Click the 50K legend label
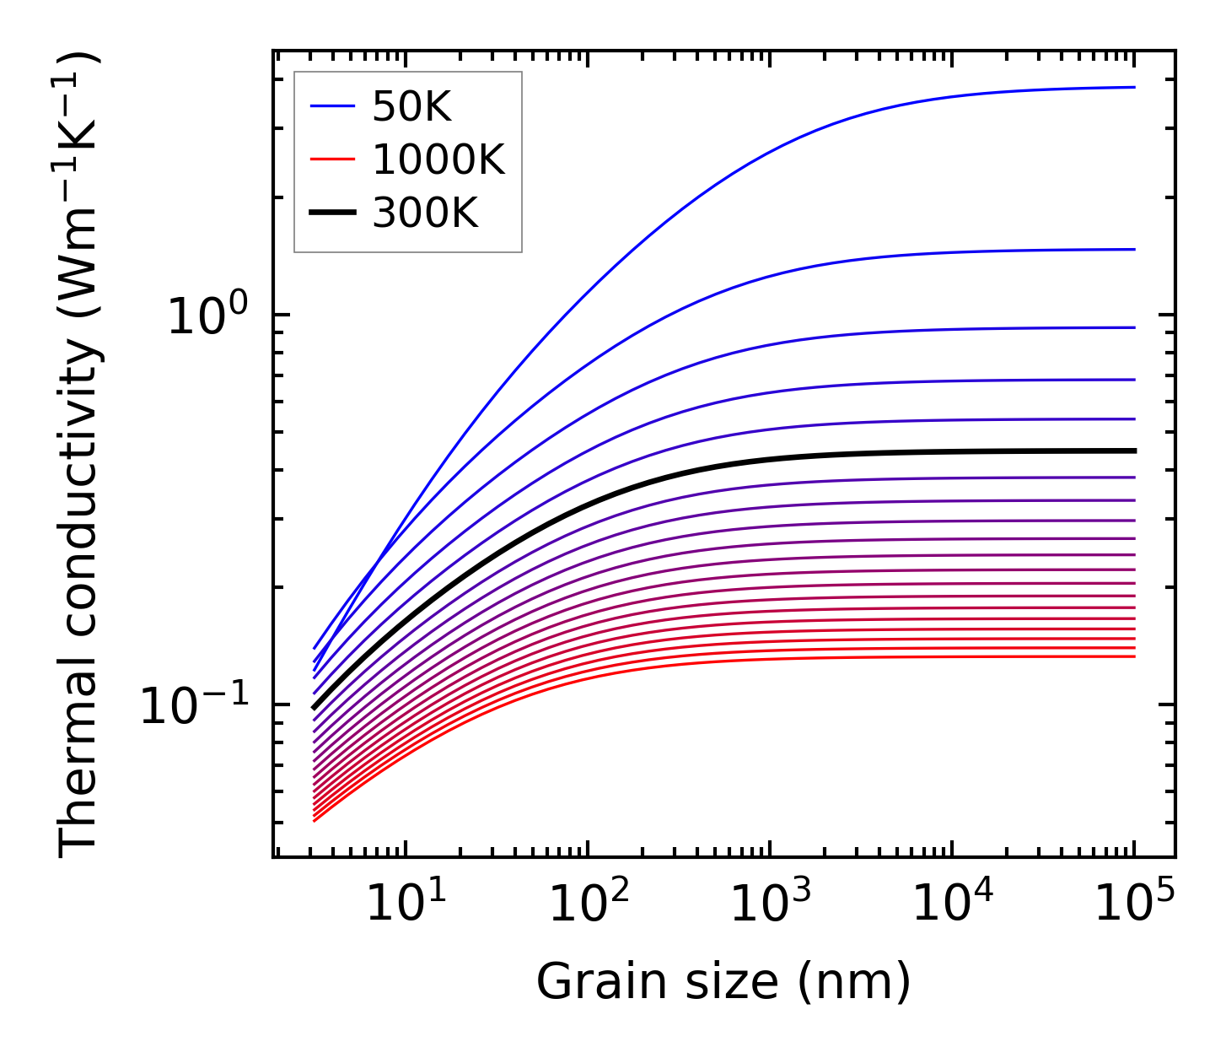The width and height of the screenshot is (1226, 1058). (x=411, y=107)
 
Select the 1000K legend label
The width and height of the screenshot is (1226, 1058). (x=438, y=160)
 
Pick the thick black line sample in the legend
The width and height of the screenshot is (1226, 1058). (x=332, y=213)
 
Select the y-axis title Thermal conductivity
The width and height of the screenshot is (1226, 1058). (x=80, y=454)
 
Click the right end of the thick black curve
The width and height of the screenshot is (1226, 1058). (x=1135, y=451)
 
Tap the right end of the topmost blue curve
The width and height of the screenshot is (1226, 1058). (x=1135, y=87)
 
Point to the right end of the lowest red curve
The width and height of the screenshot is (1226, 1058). (x=1135, y=656)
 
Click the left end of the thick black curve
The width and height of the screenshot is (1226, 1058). (x=314, y=708)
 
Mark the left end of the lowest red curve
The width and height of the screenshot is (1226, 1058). (x=314, y=821)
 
